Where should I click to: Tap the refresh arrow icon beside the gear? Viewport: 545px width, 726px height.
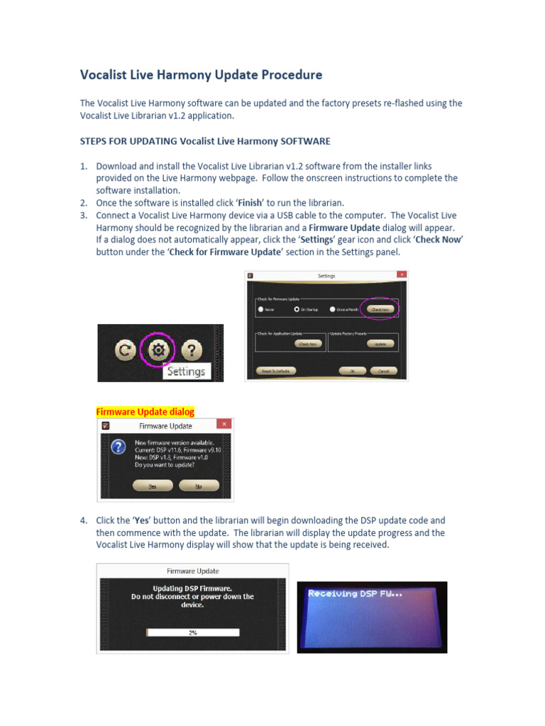pos(126,350)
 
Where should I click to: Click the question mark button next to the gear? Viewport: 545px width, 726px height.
pos(191,350)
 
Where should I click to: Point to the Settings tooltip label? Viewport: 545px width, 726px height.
pos(186,371)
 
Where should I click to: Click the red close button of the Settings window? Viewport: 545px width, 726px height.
pos(402,275)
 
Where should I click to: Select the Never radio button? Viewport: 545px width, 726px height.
pos(261,310)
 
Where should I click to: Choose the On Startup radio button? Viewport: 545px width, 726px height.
pos(297,310)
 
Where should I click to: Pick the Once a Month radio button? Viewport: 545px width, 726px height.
pos(331,310)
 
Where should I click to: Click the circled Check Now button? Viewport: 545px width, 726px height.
pos(380,310)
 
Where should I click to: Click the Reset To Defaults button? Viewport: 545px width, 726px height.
pos(275,370)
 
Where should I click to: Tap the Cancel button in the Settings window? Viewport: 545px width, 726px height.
pos(383,370)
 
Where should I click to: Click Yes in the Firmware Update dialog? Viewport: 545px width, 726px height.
pos(153,486)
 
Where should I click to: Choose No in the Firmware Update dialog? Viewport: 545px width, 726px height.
pos(199,486)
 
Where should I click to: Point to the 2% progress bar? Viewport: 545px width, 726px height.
pos(192,632)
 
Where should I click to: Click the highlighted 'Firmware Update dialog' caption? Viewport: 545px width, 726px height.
pos(145,412)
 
